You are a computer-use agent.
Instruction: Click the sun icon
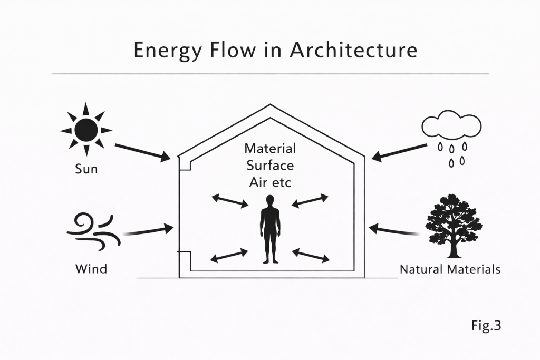coord(86,129)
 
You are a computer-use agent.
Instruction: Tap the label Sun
coord(86,170)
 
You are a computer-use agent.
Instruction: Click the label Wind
coord(91,269)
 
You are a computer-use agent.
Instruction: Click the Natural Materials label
coord(450,269)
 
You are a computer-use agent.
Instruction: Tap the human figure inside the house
coord(270,230)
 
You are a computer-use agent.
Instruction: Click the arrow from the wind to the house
coord(149,230)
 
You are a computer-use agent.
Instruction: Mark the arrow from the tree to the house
coord(394,230)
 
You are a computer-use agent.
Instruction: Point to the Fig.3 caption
coord(485,326)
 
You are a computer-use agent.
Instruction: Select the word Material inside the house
coord(270,149)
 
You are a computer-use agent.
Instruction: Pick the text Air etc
coord(270,183)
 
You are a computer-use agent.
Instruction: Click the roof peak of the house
coord(270,106)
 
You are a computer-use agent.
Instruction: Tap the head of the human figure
coord(270,201)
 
